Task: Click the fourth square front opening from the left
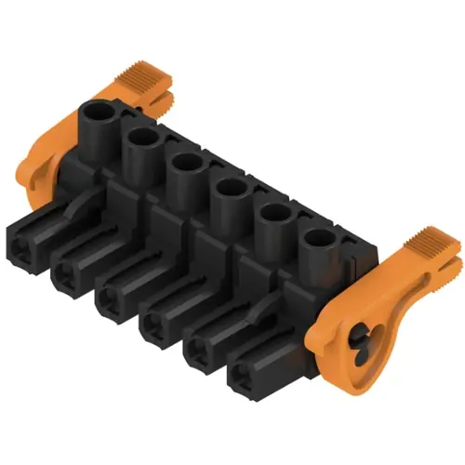click(x=155, y=325)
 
